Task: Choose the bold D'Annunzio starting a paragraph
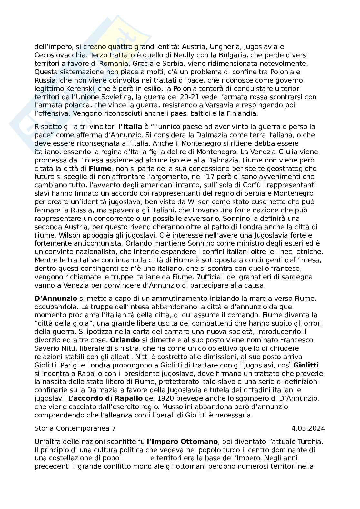point(55,298)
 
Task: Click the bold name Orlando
point(125,340)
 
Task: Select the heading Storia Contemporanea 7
point(75,428)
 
